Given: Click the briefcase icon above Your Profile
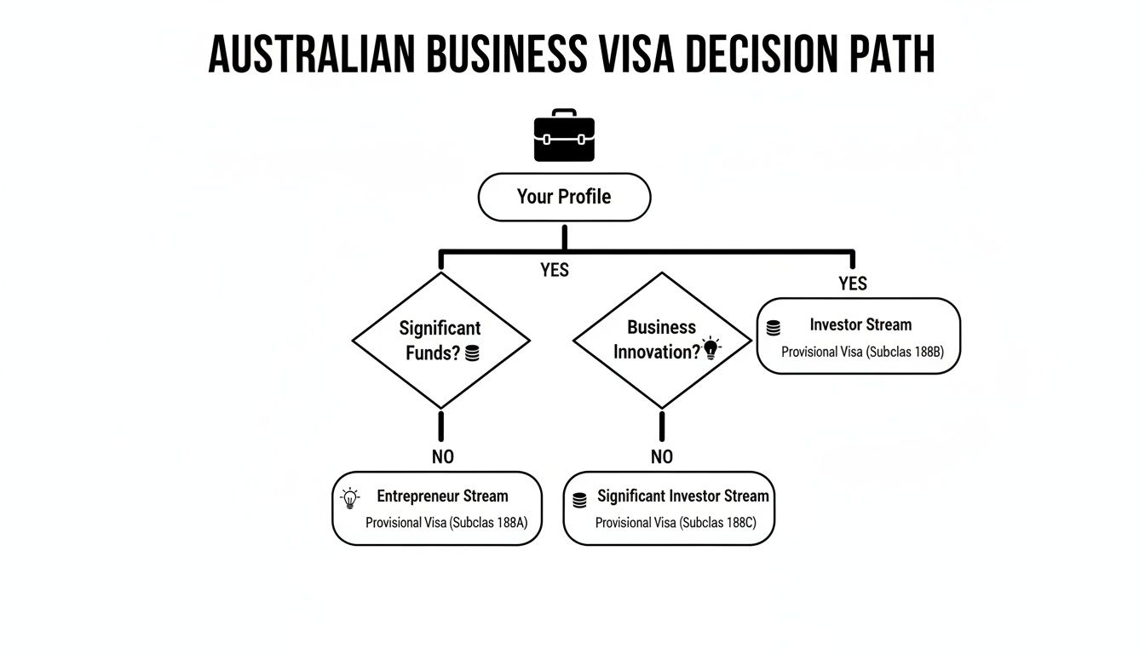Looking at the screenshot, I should [564, 136].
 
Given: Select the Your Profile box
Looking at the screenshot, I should [564, 197].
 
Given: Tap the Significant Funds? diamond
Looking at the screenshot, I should [441, 341].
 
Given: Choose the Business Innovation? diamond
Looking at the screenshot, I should [662, 341].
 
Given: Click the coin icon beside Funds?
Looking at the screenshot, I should [473, 353].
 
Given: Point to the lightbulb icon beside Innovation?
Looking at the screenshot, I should [711, 347].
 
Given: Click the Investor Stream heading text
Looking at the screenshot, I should [860, 324].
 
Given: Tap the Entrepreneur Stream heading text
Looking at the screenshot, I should [442, 496].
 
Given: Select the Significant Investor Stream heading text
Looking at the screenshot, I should [682, 496].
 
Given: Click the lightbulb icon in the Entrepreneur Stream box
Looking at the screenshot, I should [349, 498].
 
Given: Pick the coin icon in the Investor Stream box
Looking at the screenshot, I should [774, 328].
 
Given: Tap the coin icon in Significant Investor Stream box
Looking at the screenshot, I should [580, 500].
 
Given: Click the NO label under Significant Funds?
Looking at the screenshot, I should [443, 456].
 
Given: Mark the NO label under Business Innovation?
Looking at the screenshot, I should [662, 456].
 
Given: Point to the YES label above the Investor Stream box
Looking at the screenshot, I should [853, 284].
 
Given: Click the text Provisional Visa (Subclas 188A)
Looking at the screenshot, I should [446, 522].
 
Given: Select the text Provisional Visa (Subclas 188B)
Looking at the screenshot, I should [862, 352].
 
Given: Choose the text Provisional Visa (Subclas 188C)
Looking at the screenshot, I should [675, 522].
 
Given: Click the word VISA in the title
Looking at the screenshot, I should [634, 54].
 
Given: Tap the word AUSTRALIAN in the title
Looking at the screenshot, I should [313, 54].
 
